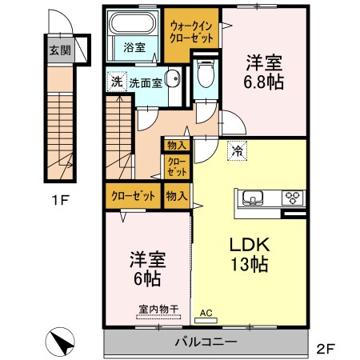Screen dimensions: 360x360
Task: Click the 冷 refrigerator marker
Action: click(x=238, y=150)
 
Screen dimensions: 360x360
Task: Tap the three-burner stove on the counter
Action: click(x=293, y=198)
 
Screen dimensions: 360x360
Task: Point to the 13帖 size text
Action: click(x=248, y=265)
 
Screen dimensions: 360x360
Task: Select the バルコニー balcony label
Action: click(x=206, y=342)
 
